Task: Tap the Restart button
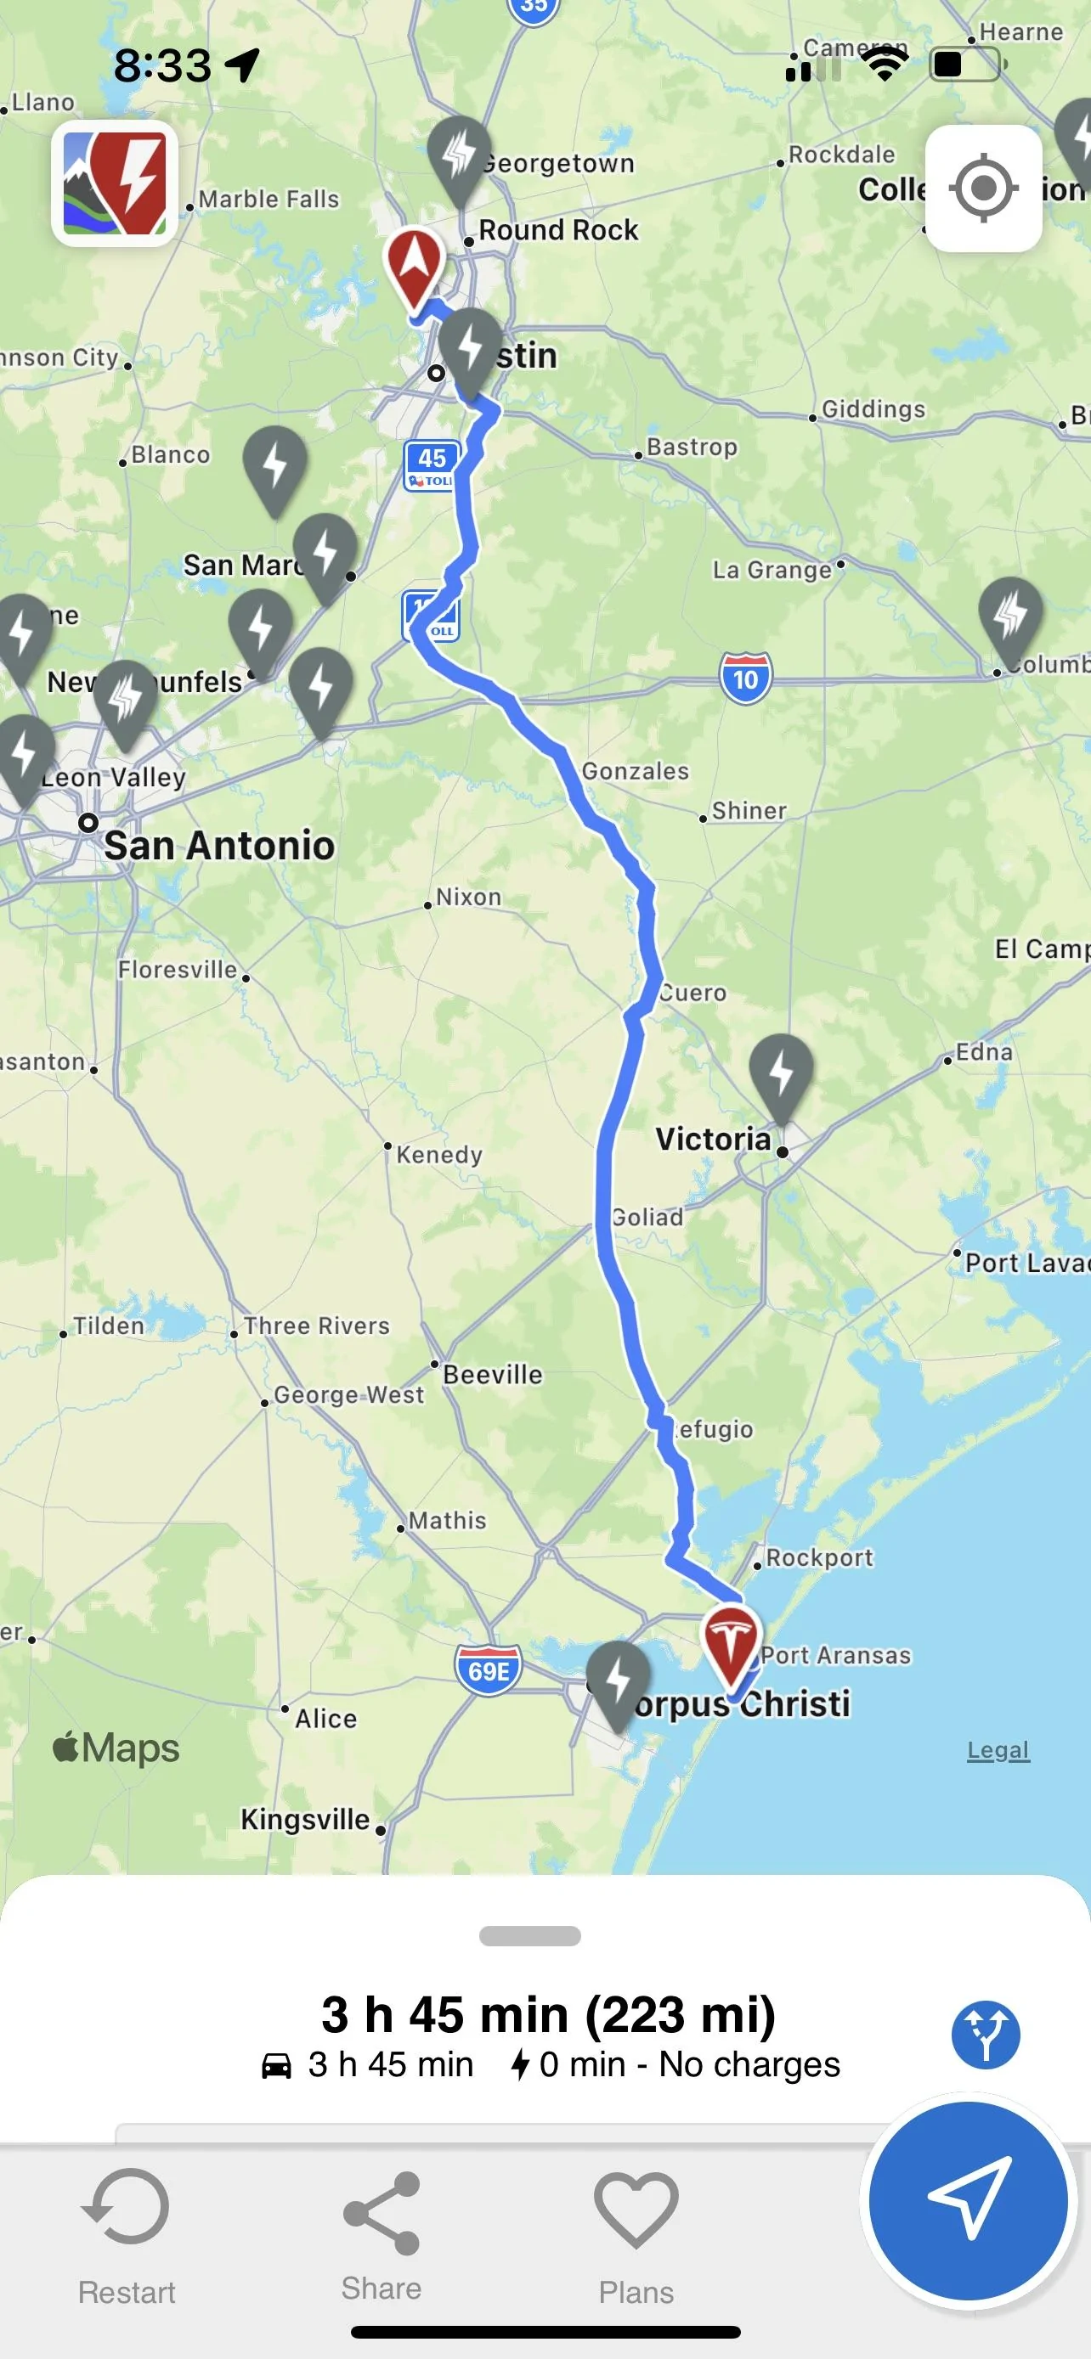point(127,2234)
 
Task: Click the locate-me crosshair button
point(983,189)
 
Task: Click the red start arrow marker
point(414,266)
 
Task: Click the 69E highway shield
point(489,1670)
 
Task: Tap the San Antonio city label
point(219,845)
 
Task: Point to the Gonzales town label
point(636,771)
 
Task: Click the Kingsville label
point(305,1819)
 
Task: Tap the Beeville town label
point(493,1375)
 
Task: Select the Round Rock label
point(558,230)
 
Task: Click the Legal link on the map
point(998,1750)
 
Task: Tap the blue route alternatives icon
point(986,2035)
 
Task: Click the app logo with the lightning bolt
point(115,183)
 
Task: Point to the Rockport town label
point(819,1557)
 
